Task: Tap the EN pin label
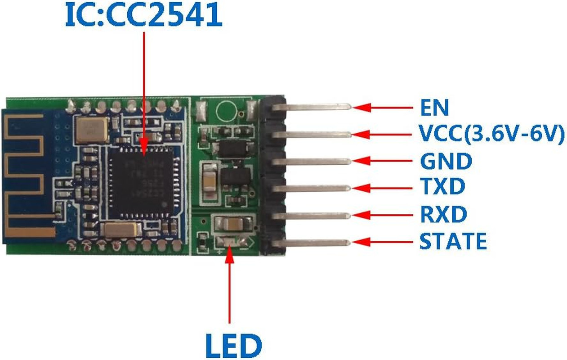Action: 434,108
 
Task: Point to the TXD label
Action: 442,186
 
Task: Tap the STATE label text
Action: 453,242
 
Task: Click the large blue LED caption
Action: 233,346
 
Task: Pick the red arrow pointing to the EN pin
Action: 382,108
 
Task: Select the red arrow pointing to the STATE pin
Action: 382,242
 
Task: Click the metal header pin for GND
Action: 315,161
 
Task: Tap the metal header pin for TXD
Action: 315,187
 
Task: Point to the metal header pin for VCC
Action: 315,134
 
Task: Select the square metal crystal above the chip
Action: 92,129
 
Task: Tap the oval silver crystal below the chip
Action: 121,230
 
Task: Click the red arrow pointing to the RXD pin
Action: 382,215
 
